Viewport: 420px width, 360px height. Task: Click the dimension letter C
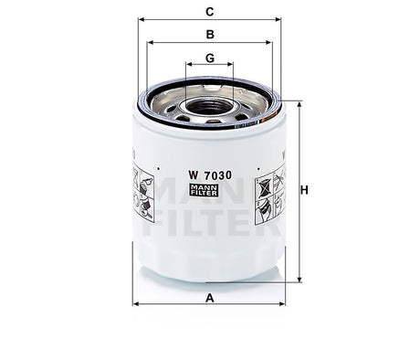[x=209, y=12]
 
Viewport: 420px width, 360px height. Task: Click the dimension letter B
[x=209, y=35]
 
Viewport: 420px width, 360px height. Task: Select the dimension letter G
[x=209, y=58]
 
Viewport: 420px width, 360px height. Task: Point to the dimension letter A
[x=209, y=298]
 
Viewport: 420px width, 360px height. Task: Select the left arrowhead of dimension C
[x=141, y=19]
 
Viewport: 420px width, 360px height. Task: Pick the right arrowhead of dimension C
[x=278, y=19]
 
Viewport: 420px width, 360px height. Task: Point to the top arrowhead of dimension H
[x=297, y=102]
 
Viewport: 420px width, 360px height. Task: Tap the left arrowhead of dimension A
[x=136, y=304]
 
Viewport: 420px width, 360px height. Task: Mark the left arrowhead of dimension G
[x=188, y=65]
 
